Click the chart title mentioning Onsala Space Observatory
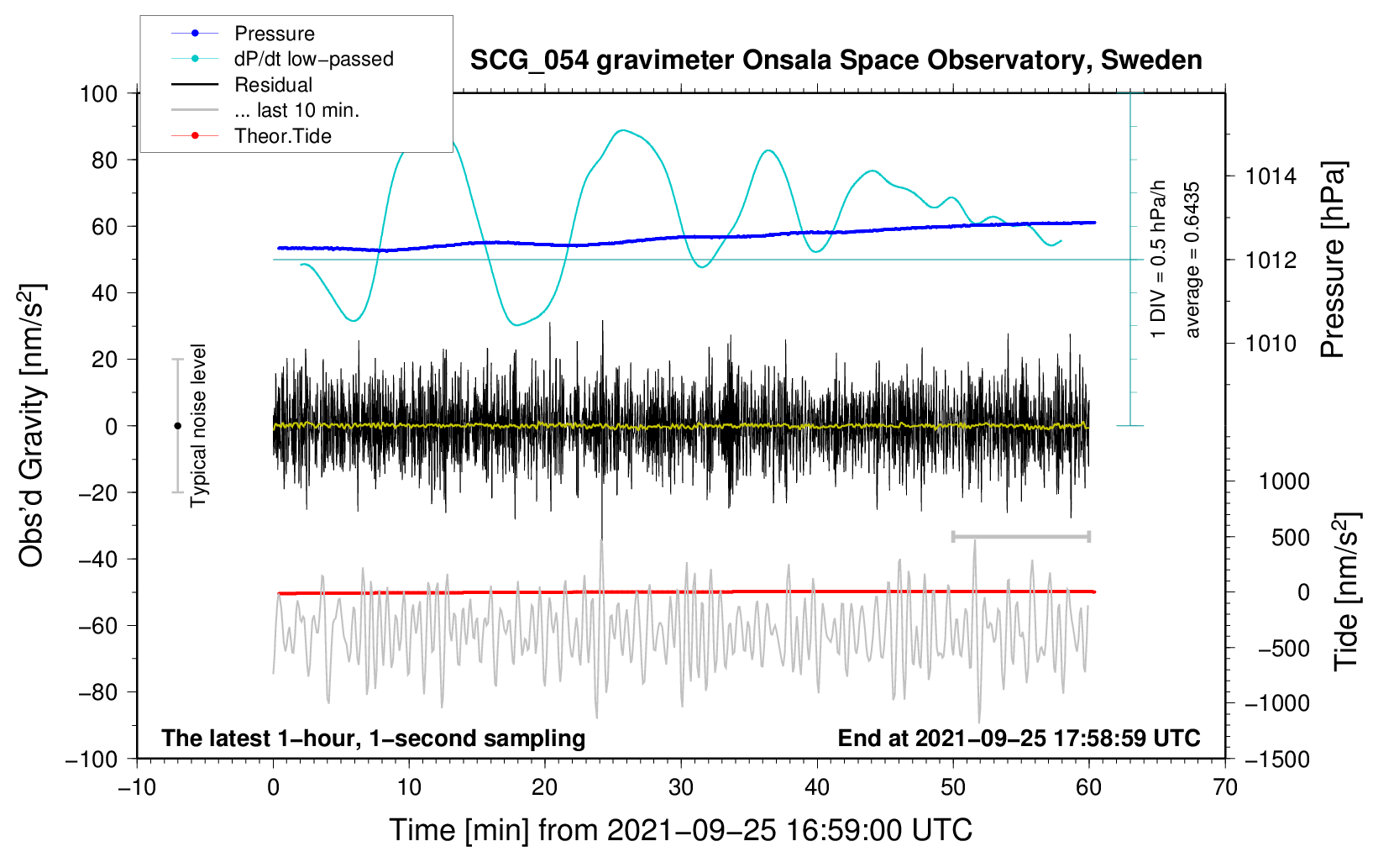[836, 60]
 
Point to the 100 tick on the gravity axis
[98, 94]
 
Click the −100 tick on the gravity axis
[92, 760]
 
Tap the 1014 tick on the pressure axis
[1271, 176]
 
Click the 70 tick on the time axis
[1224, 787]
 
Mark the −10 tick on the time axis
[137, 787]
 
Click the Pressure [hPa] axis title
[1333, 260]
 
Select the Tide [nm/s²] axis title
[1347, 591]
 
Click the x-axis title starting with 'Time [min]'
[681, 830]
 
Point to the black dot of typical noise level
[177, 426]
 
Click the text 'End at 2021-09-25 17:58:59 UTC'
[1019, 738]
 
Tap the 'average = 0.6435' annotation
[1192, 260]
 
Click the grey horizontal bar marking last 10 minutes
[1020, 536]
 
